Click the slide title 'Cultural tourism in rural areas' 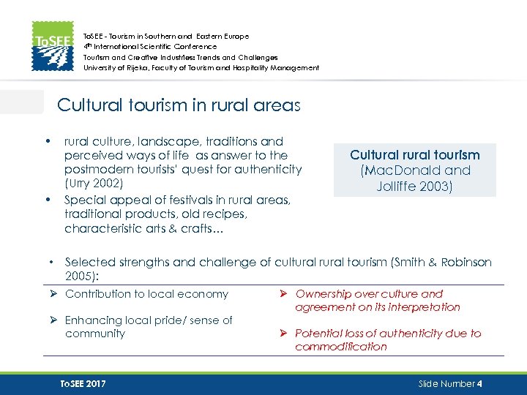179,105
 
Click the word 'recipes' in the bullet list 224,214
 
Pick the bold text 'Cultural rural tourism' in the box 415,155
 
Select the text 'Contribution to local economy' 146,294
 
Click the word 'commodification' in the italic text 341,347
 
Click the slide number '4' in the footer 479,384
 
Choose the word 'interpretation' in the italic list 423,307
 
